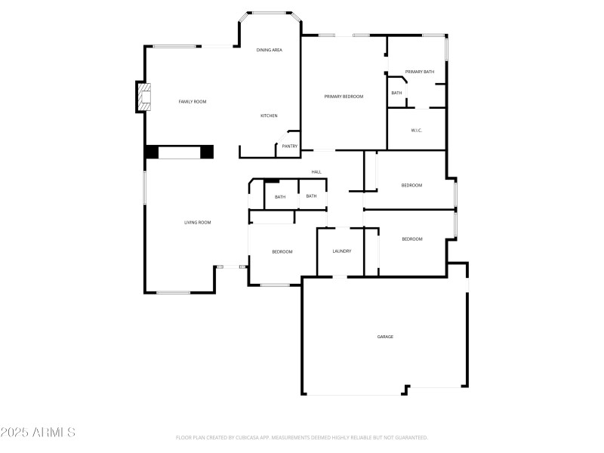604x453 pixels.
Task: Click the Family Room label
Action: (x=192, y=101)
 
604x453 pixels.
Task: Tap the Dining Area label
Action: (x=269, y=50)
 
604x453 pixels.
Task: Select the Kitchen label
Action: (x=269, y=116)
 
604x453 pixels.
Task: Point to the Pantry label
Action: (x=290, y=146)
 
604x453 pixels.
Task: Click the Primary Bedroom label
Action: (x=344, y=97)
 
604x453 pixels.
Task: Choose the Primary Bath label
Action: (x=419, y=72)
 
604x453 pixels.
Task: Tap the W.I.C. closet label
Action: (x=416, y=131)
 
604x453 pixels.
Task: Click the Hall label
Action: (x=316, y=172)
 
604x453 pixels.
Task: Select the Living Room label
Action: (x=198, y=222)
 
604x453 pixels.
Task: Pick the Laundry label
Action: (x=342, y=251)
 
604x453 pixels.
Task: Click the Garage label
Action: (x=385, y=337)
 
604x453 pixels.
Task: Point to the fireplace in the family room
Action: (x=142, y=97)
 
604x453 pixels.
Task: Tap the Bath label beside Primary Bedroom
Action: (x=396, y=93)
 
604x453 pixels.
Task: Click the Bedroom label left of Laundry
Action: (x=282, y=251)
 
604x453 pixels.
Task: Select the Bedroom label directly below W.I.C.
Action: (x=411, y=185)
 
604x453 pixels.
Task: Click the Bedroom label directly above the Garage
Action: (x=411, y=239)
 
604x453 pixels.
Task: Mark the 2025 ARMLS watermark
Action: (x=38, y=433)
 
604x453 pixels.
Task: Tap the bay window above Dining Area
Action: (x=270, y=13)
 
